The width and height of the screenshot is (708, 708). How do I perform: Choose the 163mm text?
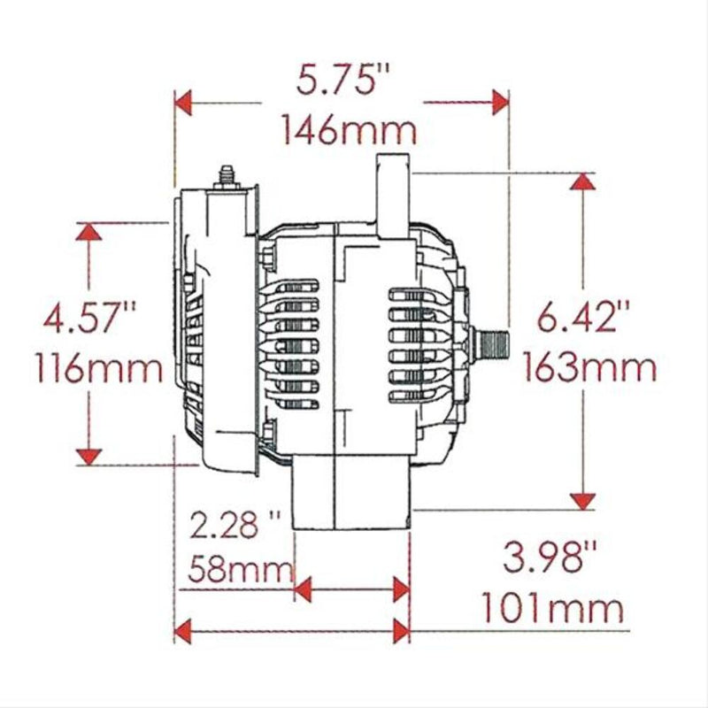click(x=589, y=366)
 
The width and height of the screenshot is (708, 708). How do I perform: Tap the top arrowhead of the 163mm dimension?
click(x=581, y=181)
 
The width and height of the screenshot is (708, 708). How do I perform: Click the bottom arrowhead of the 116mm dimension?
click(x=87, y=456)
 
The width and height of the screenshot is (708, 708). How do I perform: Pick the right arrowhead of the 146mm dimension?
click(x=500, y=102)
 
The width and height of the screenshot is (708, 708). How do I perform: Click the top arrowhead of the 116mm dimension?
click(x=87, y=231)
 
